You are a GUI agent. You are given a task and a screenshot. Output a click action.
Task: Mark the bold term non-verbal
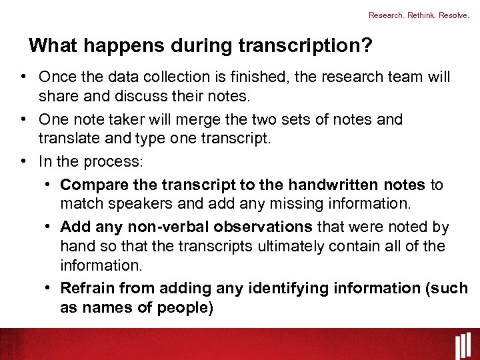point(161,227)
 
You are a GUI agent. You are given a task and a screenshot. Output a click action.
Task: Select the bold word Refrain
point(85,288)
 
